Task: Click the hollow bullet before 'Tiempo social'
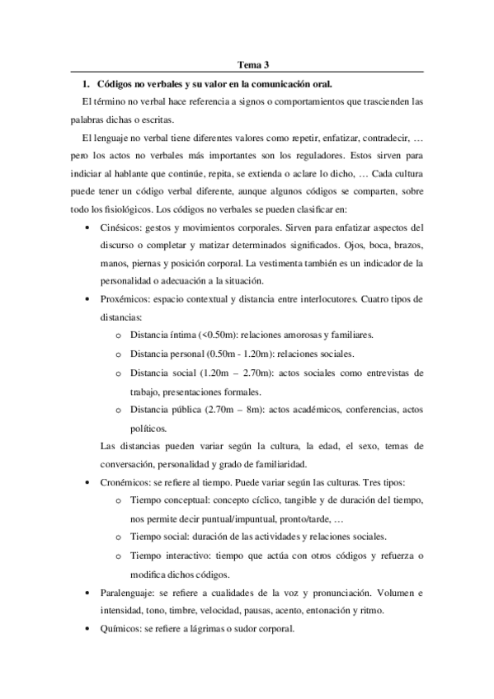click(119, 537)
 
